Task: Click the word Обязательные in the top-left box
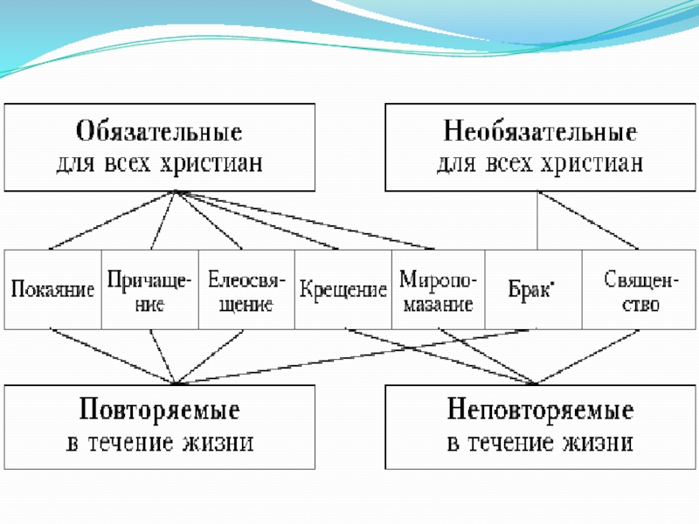point(160,134)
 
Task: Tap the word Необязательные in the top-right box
point(541,134)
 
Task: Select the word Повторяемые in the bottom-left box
point(160,411)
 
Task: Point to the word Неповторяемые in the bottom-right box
point(541,411)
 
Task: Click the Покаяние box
point(52,289)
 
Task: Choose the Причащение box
point(149,289)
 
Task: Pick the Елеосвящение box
point(246,289)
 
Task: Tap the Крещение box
point(343,289)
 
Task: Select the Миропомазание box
point(438,289)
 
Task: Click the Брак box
point(532,289)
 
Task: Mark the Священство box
point(631,289)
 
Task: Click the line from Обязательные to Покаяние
point(114,220)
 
